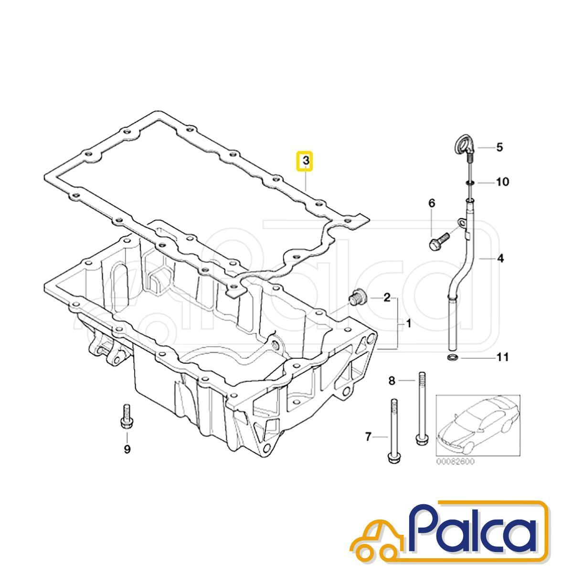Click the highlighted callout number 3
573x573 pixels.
(x=306, y=162)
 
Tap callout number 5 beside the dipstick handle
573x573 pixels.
(x=499, y=148)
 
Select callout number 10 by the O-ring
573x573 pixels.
(x=503, y=181)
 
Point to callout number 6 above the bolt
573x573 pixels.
(x=432, y=203)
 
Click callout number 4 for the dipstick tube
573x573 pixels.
(x=501, y=258)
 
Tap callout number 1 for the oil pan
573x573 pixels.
(x=409, y=323)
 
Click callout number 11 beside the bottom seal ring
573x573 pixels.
(x=502, y=357)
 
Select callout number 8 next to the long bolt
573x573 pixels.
(x=392, y=381)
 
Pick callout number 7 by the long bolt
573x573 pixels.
(x=369, y=445)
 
